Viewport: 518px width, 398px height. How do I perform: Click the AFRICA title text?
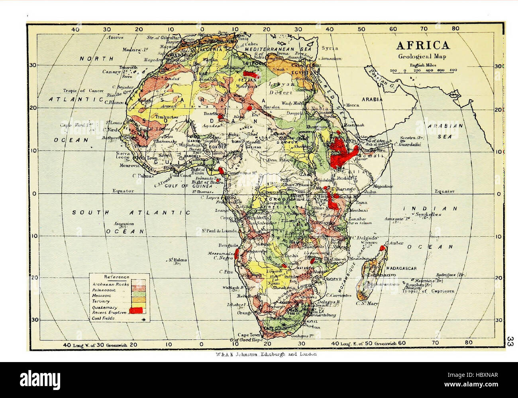point(423,45)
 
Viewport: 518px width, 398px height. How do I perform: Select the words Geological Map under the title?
point(422,56)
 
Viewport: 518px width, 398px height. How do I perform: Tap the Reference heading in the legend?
point(116,277)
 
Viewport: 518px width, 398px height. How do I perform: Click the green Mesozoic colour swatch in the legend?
point(139,295)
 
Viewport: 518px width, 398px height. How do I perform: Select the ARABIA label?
point(372,99)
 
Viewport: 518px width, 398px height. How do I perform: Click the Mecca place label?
point(352,105)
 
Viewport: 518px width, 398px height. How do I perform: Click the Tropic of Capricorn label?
point(428,291)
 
